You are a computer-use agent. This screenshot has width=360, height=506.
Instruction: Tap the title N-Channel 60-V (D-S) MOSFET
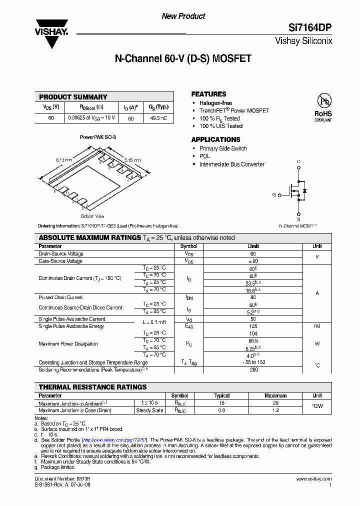[x=183, y=58]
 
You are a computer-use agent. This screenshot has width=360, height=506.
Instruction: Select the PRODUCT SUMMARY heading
[x=73, y=97]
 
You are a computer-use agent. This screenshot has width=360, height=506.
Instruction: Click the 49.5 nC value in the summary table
[x=158, y=118]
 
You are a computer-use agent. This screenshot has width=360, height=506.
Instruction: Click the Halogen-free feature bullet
[x=215, y=103]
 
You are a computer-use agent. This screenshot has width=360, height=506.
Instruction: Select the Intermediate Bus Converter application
[x=231, y=164]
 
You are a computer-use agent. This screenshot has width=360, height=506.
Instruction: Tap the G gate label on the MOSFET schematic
[x=273, y=195]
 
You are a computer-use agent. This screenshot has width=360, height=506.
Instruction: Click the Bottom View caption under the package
[x=92, y=216]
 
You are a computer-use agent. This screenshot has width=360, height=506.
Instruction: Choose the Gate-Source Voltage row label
[x=60, y=261]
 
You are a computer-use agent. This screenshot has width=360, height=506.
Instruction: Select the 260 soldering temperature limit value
[x=253, y=370]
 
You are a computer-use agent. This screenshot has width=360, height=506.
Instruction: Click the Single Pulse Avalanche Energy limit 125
[x=253, y=326]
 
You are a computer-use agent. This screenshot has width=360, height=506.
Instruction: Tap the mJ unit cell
[x=317, y=326]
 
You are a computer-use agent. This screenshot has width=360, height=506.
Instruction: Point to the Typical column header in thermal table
[x=221, y=395]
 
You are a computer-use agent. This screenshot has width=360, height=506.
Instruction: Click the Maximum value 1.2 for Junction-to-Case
[x=275, y=410]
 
